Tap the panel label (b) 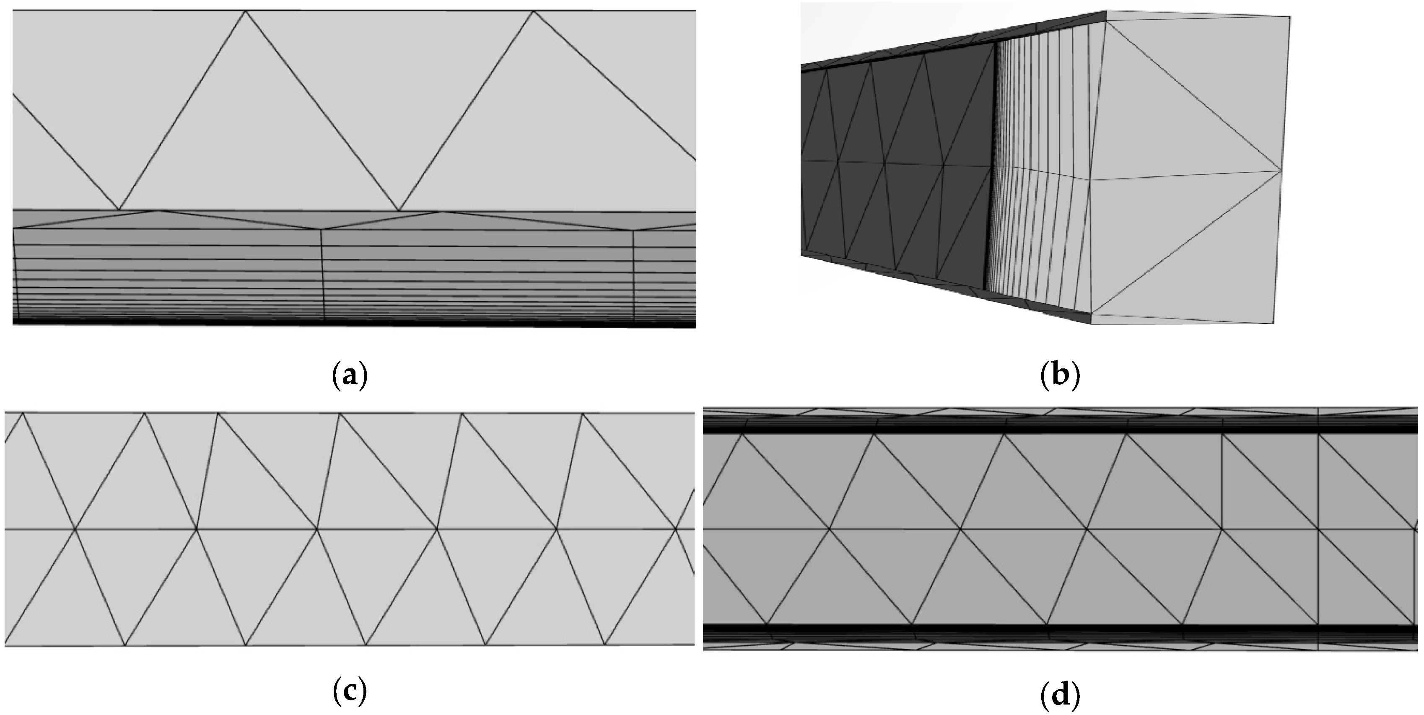pyautogui.click(x=1060, y=376)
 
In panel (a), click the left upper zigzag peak pyautogui.click(x=246, y=12)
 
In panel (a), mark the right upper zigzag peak pyautogui.click(x=534, y=12)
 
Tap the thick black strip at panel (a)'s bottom pyautogui.click(x=354, y=324)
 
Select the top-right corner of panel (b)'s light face pyautogui.click(x=1290, y=17)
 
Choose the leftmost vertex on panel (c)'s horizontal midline pyautogui.click(x=75, y=529)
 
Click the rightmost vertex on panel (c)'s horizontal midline pyautogui.click(x=675, y=529)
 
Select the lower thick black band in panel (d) pyautogui.click(x=1050, y=630)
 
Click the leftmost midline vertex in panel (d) pyautogui.click(x=829, y=529)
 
